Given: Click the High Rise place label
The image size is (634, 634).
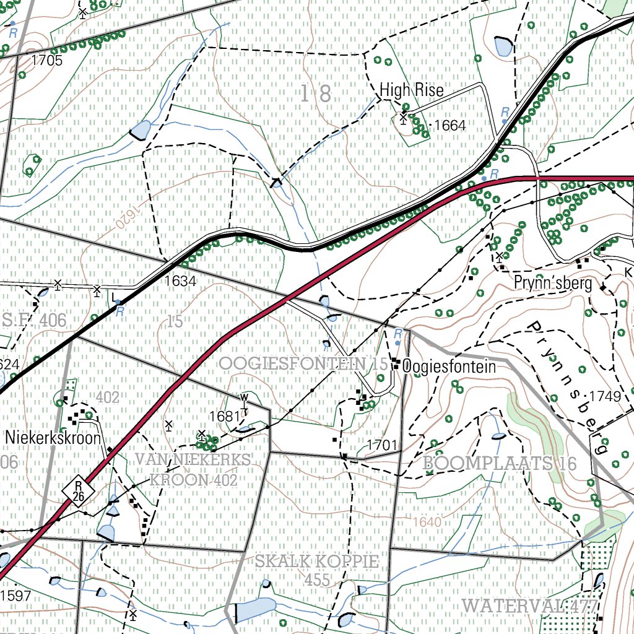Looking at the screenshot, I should [412, 90].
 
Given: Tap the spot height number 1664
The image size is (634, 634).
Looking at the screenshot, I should [449, 126].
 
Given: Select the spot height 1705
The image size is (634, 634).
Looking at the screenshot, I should [47, 60].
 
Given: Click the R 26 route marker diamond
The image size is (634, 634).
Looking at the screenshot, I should [78, 492].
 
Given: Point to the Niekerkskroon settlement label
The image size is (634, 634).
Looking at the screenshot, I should [53, 438].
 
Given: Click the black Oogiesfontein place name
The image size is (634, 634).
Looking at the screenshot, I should [449, 367].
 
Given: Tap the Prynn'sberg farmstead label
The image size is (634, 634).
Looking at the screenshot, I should [553, 283].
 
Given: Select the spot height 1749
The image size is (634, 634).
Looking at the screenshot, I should [605, 396].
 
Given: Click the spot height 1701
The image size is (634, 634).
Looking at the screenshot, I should [381, 445].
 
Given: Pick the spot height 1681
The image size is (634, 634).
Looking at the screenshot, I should [224, 416].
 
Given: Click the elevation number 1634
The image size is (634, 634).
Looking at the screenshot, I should [180, 281].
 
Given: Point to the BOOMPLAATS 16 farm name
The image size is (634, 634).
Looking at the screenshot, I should [500, 463].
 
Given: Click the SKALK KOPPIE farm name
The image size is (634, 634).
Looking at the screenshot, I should [316, 562].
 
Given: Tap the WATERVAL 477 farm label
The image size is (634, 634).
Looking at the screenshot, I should [530, 604].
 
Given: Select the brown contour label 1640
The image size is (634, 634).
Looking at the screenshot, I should [427, 522].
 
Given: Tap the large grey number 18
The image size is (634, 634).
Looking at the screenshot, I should [316, 93].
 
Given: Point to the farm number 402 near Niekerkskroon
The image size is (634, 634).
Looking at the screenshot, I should [108, 397].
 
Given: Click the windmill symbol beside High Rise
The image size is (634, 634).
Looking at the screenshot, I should [404, 116].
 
